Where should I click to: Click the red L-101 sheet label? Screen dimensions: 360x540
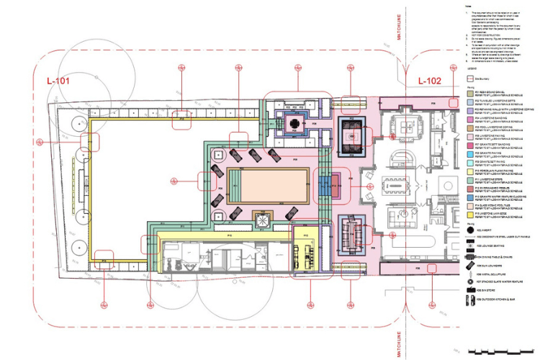click(58, 81)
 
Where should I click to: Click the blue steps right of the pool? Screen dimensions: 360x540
click(326, 185)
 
